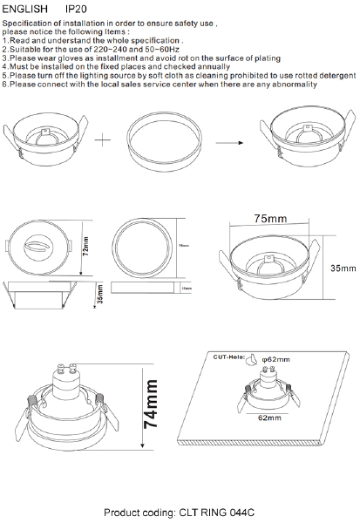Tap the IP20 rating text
[x=66, y=7]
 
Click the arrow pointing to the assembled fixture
[x=228, y=141]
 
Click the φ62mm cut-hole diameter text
[x=275, y=359]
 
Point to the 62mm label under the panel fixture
[x=270, y=418]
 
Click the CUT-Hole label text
[x=229, y=357]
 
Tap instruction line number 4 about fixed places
[x=117, y=66]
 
